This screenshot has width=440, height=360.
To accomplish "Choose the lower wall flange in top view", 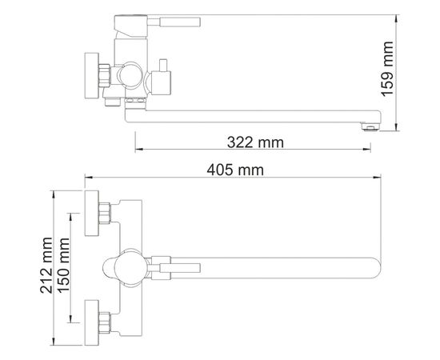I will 93,326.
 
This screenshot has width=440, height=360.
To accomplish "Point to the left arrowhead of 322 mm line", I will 138,150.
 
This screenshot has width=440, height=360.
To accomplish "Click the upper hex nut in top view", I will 106,213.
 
